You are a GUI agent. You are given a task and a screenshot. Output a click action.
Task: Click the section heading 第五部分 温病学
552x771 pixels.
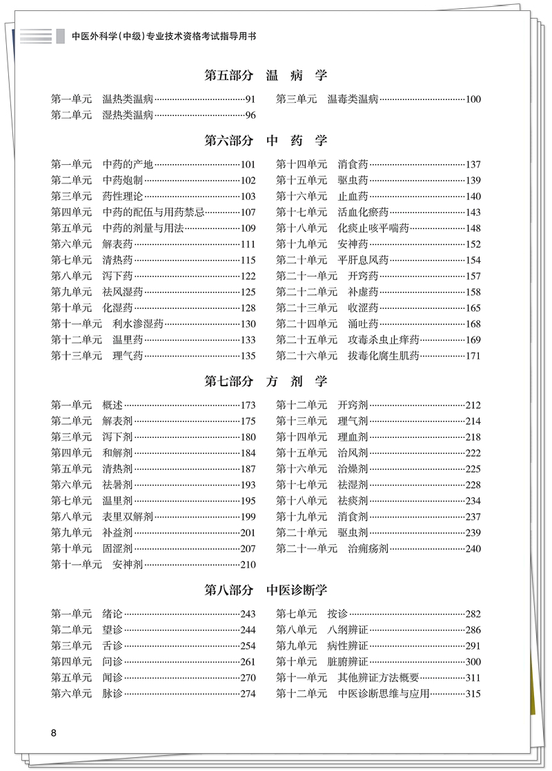coord(266,76)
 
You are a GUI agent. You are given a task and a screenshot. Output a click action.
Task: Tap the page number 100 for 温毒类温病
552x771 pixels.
coord(473,99)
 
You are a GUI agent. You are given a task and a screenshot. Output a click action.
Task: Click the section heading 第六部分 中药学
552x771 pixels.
coord(266,141)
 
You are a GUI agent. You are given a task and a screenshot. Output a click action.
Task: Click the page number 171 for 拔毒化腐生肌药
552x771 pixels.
coord(473,356)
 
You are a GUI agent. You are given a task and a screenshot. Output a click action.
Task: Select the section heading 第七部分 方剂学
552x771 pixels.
coord(266,381)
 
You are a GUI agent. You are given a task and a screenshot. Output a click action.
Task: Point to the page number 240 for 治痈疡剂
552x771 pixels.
coord(473,549)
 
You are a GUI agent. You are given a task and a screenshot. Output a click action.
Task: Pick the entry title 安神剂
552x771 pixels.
coord(128,565)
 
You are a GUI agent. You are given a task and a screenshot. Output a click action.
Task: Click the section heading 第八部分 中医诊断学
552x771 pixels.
coord(266,590)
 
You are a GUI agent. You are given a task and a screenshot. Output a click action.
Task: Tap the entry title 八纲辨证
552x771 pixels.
coord(348,630)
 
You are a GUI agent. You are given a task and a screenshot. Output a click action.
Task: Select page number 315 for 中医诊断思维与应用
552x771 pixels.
coord(473,694)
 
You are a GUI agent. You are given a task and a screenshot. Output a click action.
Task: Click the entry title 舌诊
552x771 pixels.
coord(112,646)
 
